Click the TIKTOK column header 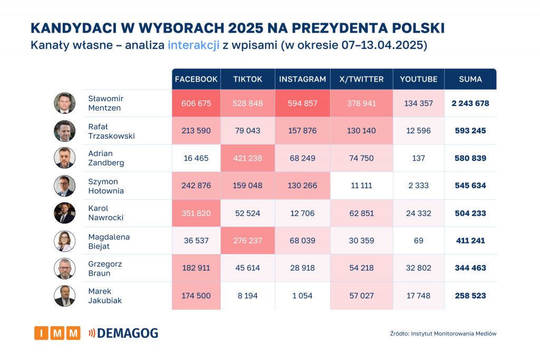(248, 79)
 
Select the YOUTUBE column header (419, 79)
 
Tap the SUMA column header (470, 79)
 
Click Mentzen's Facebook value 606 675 (196, 103)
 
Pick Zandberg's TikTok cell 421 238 (248, 158)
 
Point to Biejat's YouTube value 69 (419, 240)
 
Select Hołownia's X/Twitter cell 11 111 (362, 186)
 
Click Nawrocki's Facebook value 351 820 (196, 213)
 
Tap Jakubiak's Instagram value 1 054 (303, 296)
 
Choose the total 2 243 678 (470, 103)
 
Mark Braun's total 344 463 (470, 268)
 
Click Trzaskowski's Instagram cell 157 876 (303, 131)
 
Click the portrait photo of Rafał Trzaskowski (65, 131)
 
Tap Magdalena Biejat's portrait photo (65, 241)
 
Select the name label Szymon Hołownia (106, 186)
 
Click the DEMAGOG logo (123, 333)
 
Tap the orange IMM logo (57, 333)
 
